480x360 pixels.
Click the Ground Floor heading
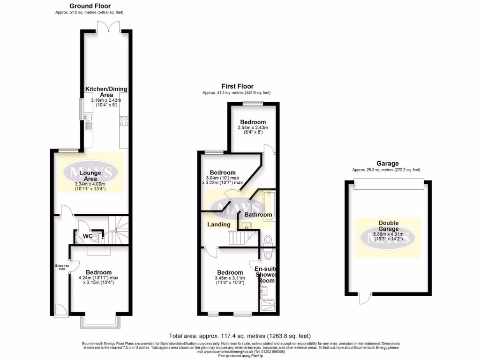[x=90, y=6]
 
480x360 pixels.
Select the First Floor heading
[x=237, y=86]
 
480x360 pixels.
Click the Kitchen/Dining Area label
[x=106, y=92]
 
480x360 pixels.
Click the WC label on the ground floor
[x=88, y=236]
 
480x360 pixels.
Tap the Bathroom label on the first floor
[x=258, y=215]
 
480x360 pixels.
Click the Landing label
[x=219, y=225]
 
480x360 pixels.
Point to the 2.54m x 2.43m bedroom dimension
[x=253, y=127]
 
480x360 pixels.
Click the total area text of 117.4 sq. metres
[x=240, y=336]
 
